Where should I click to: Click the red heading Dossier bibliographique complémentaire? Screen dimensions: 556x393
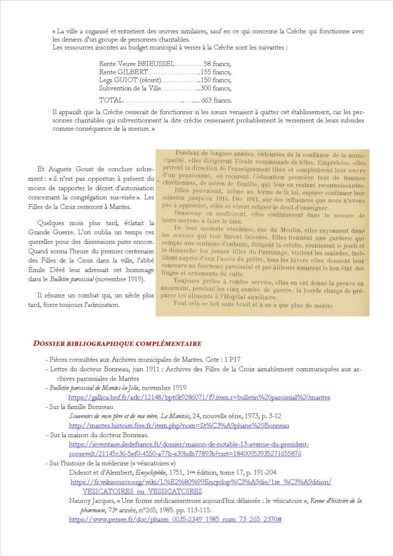point(117,344)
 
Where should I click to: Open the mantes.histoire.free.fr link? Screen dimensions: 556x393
point(179,426)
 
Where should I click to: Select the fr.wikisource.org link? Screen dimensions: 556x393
point(201,482)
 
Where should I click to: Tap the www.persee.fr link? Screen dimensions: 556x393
point(175,520)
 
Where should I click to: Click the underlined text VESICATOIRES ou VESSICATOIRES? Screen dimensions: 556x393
point(142,491)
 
